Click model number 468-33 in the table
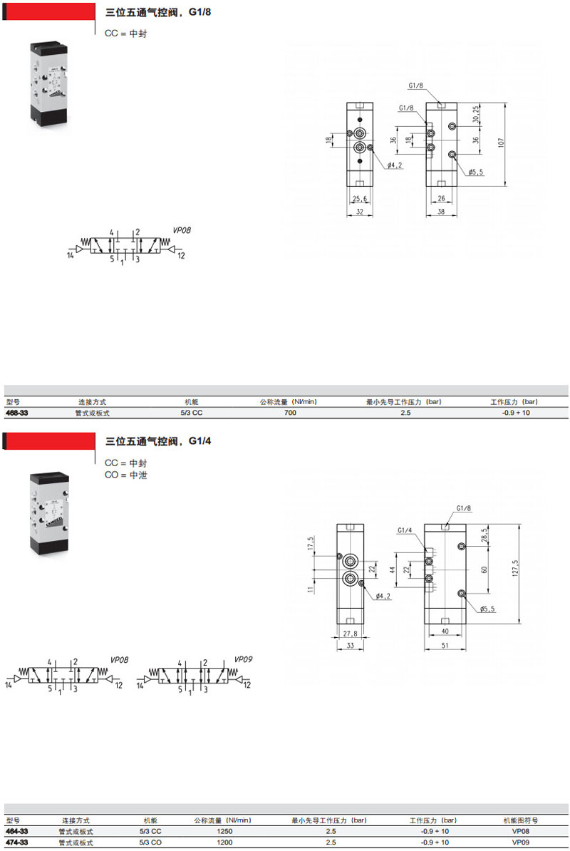(x=17, y=413)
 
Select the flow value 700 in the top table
(x=290, y=413)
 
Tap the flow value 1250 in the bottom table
(x=224, y=831)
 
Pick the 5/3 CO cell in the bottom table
(x=150, y=842)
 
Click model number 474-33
(x=17, y=842)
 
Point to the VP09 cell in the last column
(x=521, y=842)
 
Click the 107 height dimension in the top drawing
(x=501, y=143)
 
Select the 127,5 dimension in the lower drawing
(x=515, y=568)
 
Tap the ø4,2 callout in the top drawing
(x=395, y=165)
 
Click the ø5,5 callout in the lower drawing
(x=487, y=609)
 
